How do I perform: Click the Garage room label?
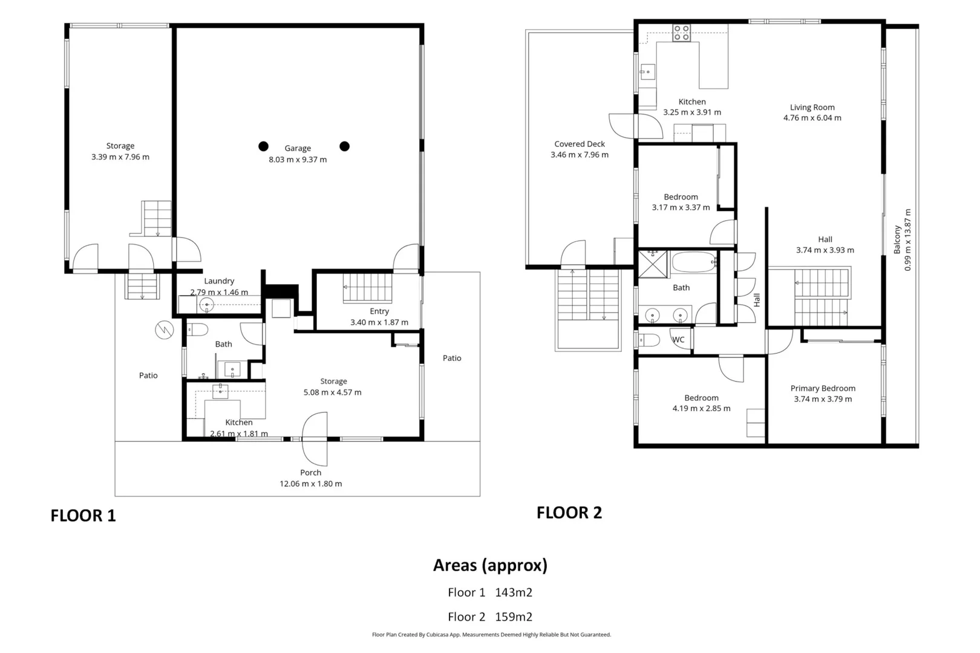[298, 148]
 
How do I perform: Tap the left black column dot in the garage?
[263, 146]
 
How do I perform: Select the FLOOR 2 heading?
[569, 513]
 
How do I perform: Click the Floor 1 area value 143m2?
[514, 592]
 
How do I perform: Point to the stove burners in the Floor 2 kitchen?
[682, 33]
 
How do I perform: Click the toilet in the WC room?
[649, 340]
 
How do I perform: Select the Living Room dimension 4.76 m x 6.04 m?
[812, 118]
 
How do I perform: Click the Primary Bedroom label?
[823, 388]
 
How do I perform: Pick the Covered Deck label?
[580, 144]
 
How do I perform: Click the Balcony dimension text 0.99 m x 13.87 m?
[908, 239]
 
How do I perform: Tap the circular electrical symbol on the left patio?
[165, 330]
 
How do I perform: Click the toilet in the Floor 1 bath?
[197, 330]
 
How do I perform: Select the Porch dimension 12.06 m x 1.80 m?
[310, 484]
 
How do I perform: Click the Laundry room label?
[219, 281]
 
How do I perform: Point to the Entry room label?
[379, 311]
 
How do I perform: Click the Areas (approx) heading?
[490, 565]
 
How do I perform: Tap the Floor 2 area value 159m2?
[514, 617]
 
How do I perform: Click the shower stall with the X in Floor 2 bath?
[653, 264]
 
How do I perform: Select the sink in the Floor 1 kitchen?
[220, 391]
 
